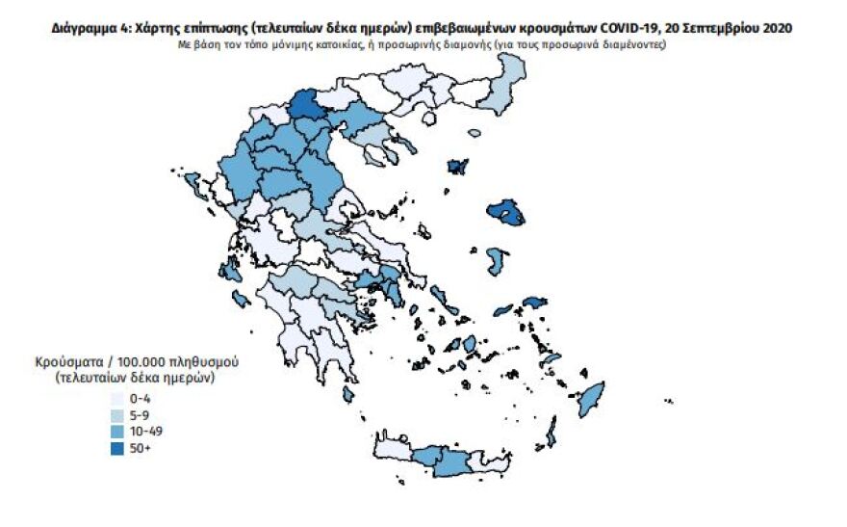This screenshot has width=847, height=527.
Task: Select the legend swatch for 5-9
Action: tap(117, 413)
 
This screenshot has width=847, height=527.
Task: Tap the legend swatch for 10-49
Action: tap(117, 430)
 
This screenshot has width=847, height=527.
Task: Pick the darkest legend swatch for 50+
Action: tap(117, 447)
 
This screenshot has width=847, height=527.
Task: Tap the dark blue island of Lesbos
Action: tap(505, 211)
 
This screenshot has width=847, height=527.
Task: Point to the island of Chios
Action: tap(497, 261)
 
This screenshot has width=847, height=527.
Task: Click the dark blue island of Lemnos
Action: tap(457, 167)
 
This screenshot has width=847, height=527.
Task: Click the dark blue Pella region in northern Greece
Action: tap(309, 104)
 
